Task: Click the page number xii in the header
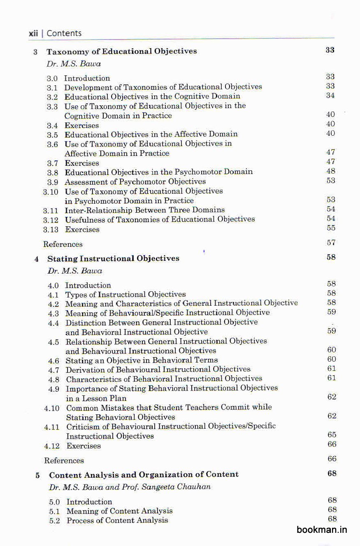click(x=33, y=33)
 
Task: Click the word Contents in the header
click(x=64, y=33)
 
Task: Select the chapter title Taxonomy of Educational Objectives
click(x=121, y=51)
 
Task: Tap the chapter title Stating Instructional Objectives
click(x=113, y=258)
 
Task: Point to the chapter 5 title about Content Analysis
click(x=144, y=474)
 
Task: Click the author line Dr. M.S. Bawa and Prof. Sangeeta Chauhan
click(x=130, y=487)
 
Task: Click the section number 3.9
click(x=52, y=182)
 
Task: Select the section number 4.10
click(x=52, y=408)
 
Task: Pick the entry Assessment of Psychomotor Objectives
click(x=135, y=181)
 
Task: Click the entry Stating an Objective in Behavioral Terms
click(x=142, y=360)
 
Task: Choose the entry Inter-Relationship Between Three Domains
click(x=145, y=210)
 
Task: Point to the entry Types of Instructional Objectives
click(x=125, y=295)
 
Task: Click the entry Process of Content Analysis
click(x=117, y=520)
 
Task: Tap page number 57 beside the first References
click(x=331, y=243)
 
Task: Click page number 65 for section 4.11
click(x=332, y=435)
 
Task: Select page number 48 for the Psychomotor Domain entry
click(x=331, y=171)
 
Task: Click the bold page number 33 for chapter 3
click(x=330, y=50)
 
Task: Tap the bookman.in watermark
click(x=322, y=530)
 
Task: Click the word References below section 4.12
click(x=64, y=460)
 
